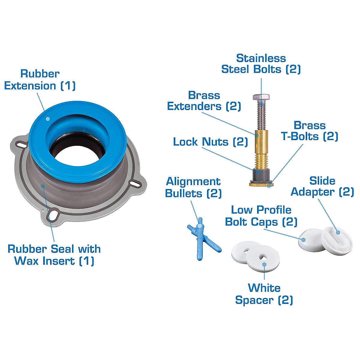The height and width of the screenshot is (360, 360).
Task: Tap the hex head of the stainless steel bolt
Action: coord(261,97)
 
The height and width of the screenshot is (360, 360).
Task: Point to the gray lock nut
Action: coord(260,175)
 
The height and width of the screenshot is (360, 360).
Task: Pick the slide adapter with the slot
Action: coord(337,240)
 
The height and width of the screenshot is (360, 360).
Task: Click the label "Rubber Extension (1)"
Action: coord(40,79)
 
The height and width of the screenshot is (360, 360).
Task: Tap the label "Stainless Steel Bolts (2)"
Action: coord(261,64)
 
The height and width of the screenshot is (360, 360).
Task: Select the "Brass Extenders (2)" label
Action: coord(204,101)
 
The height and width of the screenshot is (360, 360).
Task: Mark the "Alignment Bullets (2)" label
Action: coord(193,187)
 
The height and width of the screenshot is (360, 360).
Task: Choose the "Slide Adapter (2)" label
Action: coord(322,186)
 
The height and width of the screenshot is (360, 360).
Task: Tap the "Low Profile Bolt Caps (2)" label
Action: coord(261,216)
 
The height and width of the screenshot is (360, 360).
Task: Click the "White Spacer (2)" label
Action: coord(264,294)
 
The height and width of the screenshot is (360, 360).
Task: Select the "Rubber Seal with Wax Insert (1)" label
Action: coord(54,255)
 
